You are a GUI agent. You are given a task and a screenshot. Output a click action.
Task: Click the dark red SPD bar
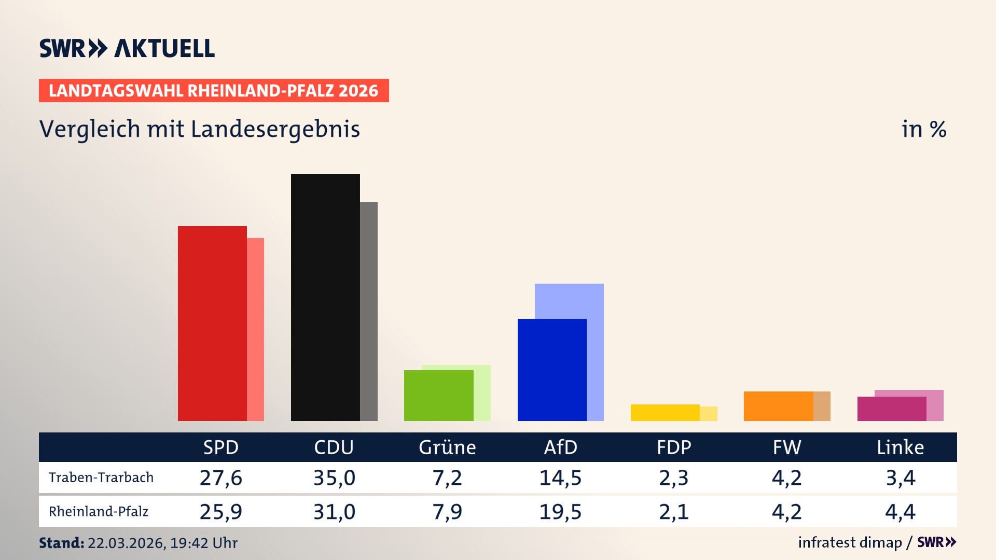[x=212, y=323]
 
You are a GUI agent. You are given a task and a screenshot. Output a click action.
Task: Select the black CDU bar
[x=325, y=297]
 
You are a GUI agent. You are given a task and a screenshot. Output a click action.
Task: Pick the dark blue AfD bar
[x=552, y=370]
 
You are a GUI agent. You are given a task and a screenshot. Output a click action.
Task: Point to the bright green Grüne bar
[x=438, y=395]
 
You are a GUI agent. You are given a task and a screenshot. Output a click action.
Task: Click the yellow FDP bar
[x=665, y=412]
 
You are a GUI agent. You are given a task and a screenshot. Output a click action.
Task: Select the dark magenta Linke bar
[x=891, y=409]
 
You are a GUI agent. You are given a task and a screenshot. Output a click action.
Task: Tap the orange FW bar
[x=778, y=405]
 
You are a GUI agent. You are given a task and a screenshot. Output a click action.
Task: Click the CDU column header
[x=334, y=447]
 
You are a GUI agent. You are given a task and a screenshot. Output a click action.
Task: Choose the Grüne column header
[x=447, y=447]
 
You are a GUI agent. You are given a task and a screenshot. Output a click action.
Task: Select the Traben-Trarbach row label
[x=101, y=477]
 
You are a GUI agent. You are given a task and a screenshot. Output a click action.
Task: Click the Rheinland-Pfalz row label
[x=99, y=511]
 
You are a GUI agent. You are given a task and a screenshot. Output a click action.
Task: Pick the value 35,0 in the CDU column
[x=334, y=478]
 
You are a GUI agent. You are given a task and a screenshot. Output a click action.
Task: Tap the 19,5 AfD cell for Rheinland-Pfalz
[x=560, y=512]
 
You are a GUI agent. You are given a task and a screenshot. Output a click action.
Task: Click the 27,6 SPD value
[x=221, y=478]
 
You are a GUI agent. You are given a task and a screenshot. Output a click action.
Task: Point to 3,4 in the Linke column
[x=900, y=478]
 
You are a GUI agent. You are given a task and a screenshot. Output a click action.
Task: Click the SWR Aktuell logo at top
[x=127, y=48]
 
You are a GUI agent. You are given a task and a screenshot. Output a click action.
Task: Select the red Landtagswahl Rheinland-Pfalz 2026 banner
[x=214, y=90]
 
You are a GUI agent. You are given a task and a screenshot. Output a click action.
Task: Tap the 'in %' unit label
[x=924, y=129]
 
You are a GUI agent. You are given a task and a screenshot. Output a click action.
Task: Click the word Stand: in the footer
[x=61, y=543]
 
